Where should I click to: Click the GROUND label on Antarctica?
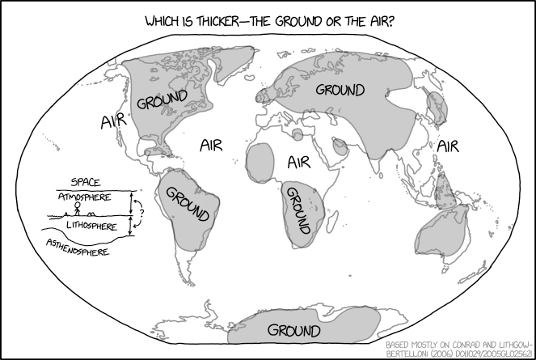point(293,331)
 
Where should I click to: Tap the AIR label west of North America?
point(113,121)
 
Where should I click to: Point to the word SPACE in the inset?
point(86,183)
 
